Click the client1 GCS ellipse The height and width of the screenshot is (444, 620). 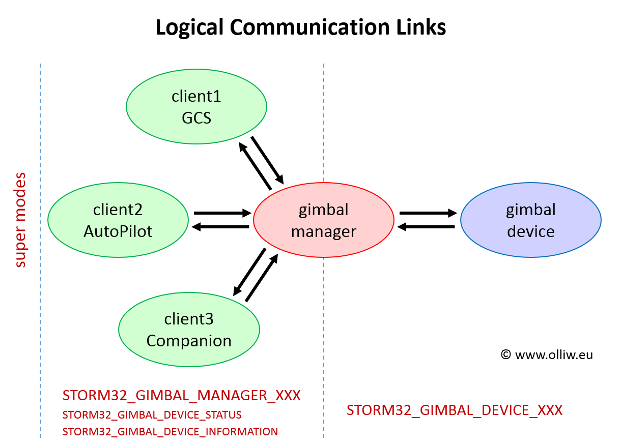[196, 107]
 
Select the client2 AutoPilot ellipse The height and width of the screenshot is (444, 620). [118, 220]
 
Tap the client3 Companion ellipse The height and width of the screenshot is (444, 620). [189, 330]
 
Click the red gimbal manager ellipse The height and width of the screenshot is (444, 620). [324, 220]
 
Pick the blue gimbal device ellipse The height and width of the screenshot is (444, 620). [531, 220]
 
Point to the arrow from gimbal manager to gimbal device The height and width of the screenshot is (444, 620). [428, 213]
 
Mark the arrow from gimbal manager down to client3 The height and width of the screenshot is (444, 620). [249, 272]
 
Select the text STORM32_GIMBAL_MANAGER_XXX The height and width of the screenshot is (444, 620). [181, 396]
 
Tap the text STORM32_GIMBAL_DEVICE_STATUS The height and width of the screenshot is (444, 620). [152, 415]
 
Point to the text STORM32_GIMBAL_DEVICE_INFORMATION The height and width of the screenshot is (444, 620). [170, 432]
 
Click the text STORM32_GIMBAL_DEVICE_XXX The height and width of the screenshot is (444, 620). [455, 410]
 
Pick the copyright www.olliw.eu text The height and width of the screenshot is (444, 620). [547, 355]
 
